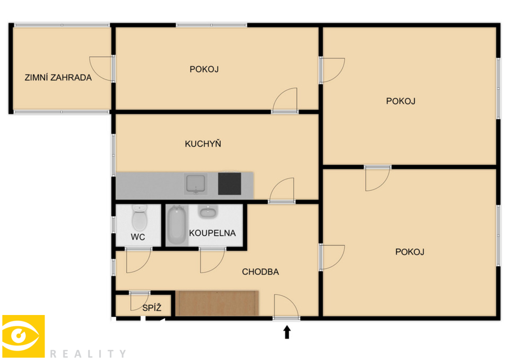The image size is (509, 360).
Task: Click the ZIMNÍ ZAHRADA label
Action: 58,77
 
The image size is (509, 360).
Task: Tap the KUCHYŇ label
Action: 203,144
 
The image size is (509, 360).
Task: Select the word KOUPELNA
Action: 213,233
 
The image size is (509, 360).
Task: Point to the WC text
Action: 137,237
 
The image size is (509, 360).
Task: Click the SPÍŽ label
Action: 152,308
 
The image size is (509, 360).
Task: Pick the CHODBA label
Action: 260,272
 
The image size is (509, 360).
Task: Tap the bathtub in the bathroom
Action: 177,225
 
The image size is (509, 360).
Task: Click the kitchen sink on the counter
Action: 196,184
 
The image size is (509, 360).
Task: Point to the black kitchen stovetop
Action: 229,184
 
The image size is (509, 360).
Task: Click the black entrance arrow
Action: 287,332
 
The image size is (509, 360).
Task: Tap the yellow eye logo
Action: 23,336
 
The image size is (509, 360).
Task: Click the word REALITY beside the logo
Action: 88,353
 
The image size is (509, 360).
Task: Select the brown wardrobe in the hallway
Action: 217,303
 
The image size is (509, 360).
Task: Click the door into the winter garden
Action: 102,68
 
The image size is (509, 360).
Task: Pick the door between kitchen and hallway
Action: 282,190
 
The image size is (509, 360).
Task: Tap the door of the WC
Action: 138,261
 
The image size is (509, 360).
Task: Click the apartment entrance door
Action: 286,307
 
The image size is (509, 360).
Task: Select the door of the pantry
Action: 140,301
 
